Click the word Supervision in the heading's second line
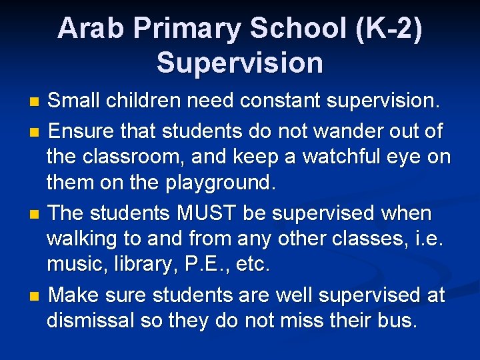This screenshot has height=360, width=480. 240,63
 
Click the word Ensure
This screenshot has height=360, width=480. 83,130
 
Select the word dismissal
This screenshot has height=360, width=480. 91,321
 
